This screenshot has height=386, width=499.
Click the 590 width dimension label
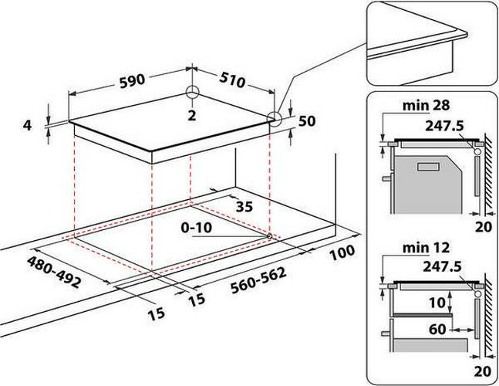pos(132,81)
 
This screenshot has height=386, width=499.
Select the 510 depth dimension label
pos(232,81)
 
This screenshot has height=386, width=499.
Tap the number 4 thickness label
pos(27,125)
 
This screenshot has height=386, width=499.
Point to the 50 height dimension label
pos(307,120)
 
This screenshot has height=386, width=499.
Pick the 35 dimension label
pos(244,207)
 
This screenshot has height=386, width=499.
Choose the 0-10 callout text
pos(197,228)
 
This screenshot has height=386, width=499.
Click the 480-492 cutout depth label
pos(53,273)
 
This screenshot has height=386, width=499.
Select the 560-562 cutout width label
pos(258,280)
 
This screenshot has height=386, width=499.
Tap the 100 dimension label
pos(342,253)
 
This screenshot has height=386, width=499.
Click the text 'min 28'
pos(426,105)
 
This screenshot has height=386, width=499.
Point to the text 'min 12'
pos(426,248)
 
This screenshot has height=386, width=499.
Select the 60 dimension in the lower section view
pos(437,329)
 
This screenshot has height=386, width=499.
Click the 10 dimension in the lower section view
pos(437,302)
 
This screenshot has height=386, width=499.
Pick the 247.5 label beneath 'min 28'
pos(444,126)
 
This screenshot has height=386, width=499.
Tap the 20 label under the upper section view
pos(484,227)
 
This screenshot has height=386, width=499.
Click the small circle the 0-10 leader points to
pos(269,236)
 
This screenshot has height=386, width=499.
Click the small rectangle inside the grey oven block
pos(428,167)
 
